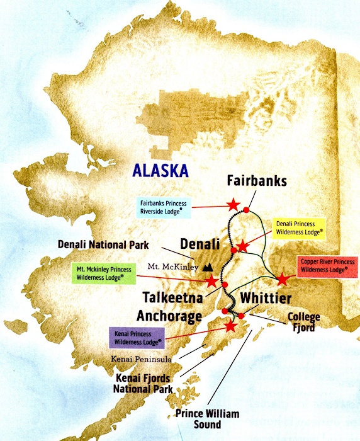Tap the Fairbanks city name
pyautogui.click(x=257, y=181)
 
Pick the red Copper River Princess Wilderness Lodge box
pyautogui.click(x=323, y=265)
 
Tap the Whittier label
pyautogui.click(x=266, y=298)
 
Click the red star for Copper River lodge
pyautogui.click(x=283, y=278)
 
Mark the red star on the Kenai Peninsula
pyautogui.click(x=230, y=326)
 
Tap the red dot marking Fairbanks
pyautogui.click(x=247, y=210)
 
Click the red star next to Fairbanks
pyautogui.click(x=233, y=204)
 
